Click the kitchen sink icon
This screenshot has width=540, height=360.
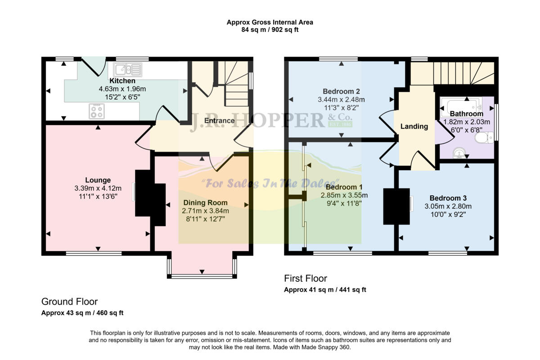point(128,70)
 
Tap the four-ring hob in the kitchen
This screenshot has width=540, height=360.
point(96,110)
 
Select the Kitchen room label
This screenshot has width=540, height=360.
point(122,81)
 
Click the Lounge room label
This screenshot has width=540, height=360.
point(98,180)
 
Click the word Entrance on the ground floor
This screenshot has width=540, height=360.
point(219,121)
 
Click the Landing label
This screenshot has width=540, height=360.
point(414,126)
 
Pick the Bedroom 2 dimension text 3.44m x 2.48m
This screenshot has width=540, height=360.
point(341,99)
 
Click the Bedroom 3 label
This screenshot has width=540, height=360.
point(448,198)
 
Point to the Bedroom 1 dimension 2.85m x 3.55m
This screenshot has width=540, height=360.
point(344,195)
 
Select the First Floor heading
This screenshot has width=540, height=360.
point(305,279)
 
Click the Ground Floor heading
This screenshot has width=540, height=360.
point(69,301)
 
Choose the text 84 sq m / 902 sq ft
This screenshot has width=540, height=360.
point(270,30)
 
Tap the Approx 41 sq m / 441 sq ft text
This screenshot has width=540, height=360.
point(325,290)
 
